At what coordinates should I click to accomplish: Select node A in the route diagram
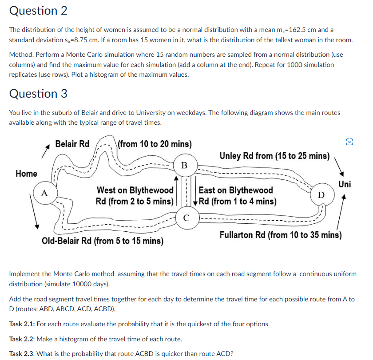[x=44, y=193]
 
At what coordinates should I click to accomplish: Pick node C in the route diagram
[x=186, y=217]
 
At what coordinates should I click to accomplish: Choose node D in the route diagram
[x=321, y=194]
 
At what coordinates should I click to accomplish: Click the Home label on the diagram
[x=26, y=174]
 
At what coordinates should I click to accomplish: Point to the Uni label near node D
[x=344, y=184]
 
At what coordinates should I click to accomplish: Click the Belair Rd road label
[x=72, y=144]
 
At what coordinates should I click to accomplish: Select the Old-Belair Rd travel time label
[x=102, y=241]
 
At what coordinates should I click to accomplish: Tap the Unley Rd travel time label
[x=274, y=156]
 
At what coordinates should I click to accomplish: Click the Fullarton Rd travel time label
[x=280, y=235]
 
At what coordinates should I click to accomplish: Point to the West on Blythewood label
[x=135, y=195]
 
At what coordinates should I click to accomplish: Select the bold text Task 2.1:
[x=22, y=324]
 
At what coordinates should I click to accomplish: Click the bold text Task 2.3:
[x=22, y=353]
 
